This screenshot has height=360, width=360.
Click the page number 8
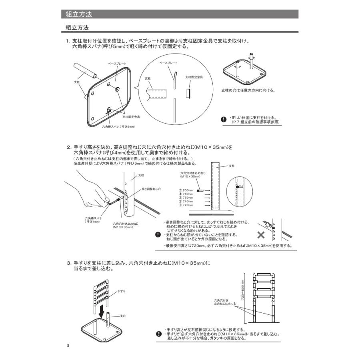point(68,345)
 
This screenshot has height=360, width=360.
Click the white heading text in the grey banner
point(79,14)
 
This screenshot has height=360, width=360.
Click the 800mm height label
point(187,190)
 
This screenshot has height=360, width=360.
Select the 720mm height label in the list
point(187,205)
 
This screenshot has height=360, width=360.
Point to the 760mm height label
point(187,198)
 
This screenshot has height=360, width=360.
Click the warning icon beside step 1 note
point(224,119)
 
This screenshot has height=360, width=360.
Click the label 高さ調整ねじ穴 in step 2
point(151,189)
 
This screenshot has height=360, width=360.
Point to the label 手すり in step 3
point(122,291)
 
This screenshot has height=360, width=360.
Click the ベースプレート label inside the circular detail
point(168,63)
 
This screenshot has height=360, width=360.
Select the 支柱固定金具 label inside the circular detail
point(194,77)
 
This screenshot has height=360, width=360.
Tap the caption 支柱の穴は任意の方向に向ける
point(248,90)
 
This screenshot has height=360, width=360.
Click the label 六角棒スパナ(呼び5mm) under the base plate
point(118,127)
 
